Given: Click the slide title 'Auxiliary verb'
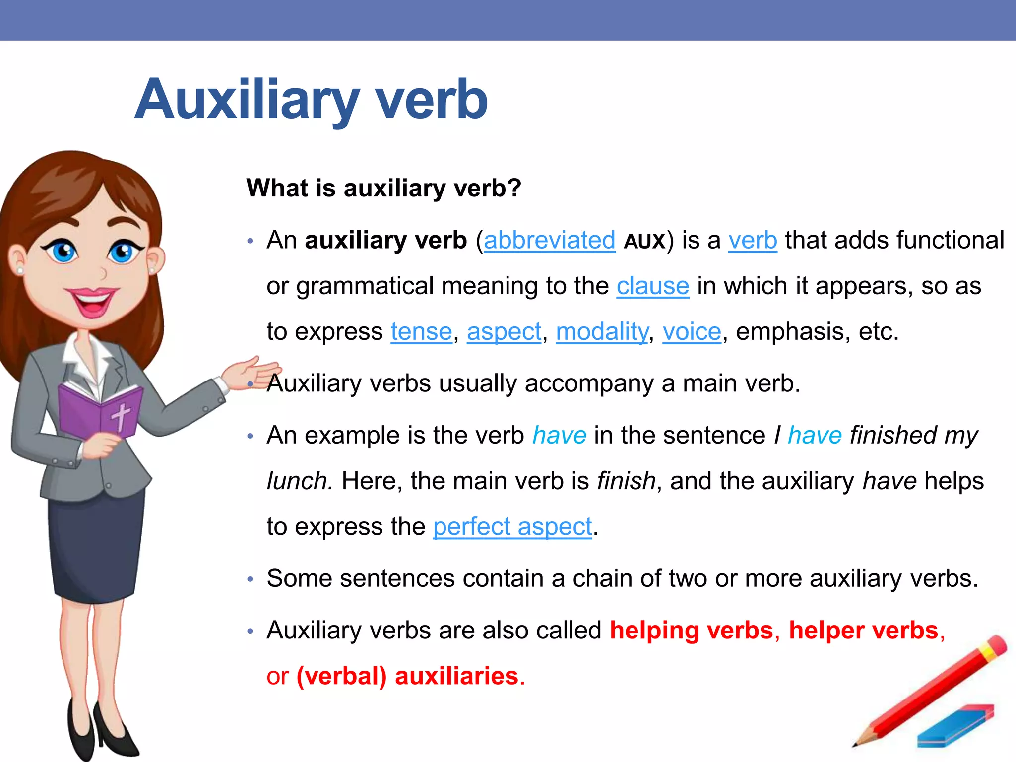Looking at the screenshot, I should click(x=311, y=100).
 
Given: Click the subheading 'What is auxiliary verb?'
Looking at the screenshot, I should click(x=383, y=189).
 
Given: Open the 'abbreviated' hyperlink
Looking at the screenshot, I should click(x=549, y=241).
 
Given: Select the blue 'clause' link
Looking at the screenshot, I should click(x=652, y=286).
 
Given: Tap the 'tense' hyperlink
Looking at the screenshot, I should click(x=421, y=332).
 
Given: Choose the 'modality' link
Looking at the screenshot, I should click(x=602, y=332).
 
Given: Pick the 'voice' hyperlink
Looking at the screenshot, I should click(x=692, y=332).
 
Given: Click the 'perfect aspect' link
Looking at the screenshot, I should click(x=512, y=527).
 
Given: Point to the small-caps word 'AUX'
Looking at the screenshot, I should click(x=644, y=242).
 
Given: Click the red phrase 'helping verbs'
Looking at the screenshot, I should click(x=692, y=631).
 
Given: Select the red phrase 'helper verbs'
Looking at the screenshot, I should click(x=864, y=631).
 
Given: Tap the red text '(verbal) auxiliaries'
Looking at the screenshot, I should click(x=407, y=676).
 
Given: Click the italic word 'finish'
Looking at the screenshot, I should click(x=626, y=481).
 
